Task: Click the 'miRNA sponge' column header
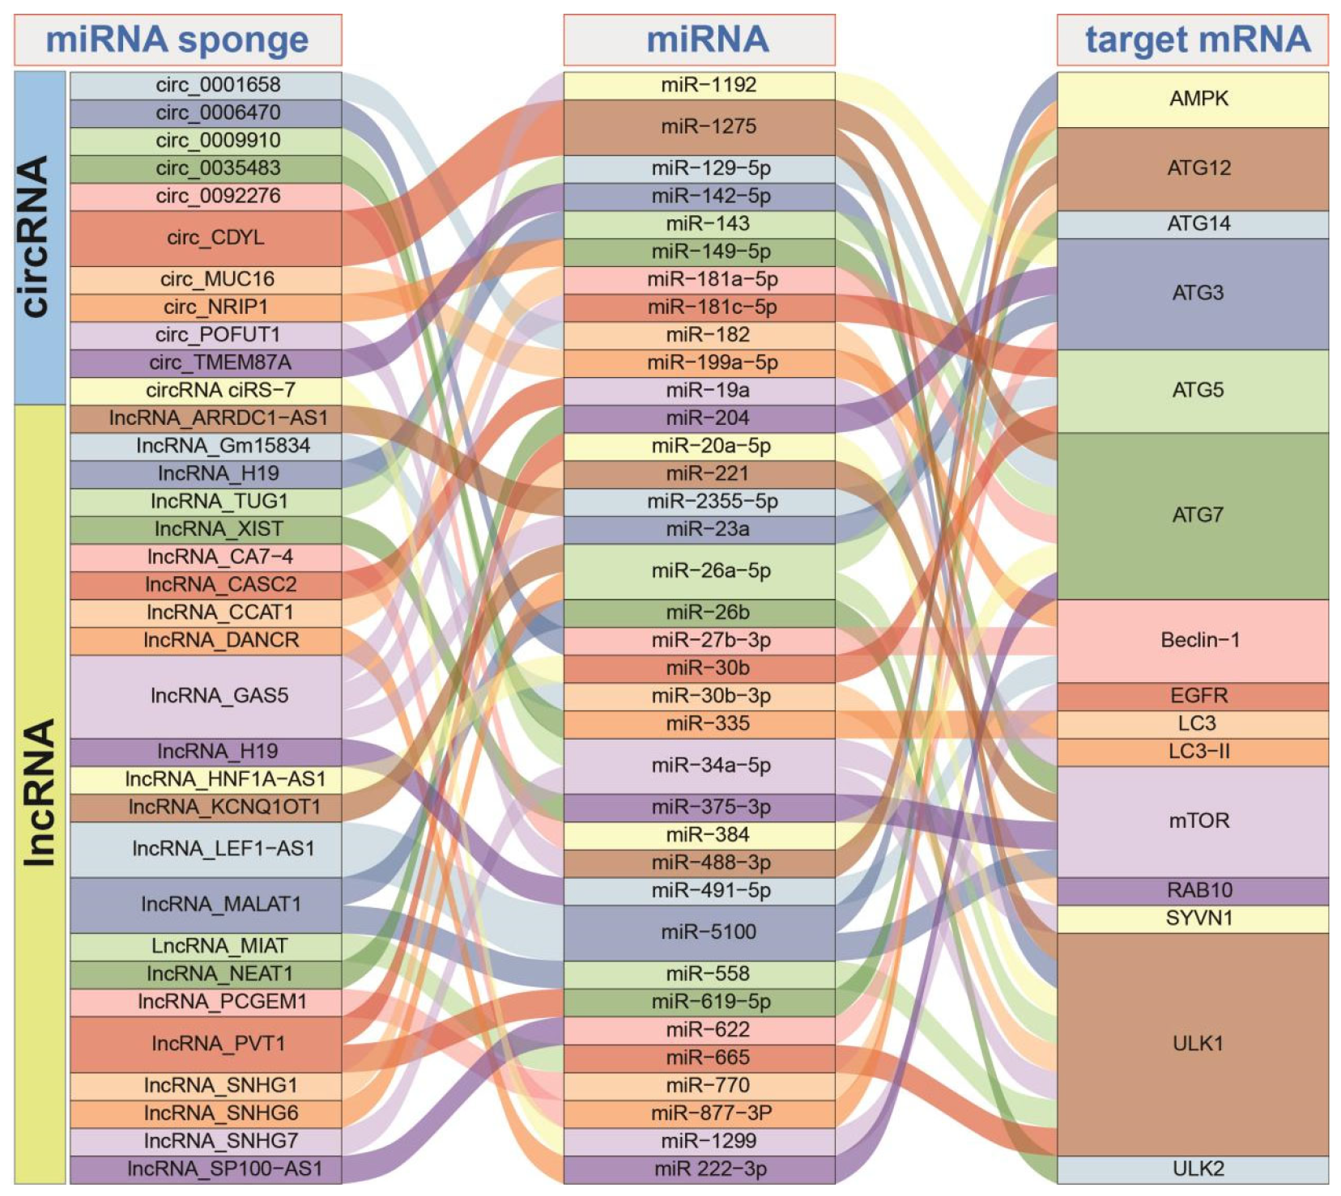tap(177, 40)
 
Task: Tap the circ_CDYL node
tap(206, 238)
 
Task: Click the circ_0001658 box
tap(206, 85)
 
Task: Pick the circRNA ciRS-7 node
tap(206, 391)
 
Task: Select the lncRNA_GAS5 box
tap(206, 696)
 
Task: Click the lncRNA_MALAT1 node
tap(206, 904)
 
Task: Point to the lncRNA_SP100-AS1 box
tap(206, 1168)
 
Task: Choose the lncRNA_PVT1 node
tap(206, 1044)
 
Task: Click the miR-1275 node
tap(700, 126)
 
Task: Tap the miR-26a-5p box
tap(700, 571)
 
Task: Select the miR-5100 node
tap(700, 932)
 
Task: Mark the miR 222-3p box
tap(700, 1168)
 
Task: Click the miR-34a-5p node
tap(700, 766)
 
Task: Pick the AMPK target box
tap(1193, 99)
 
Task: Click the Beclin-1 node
tap(1193, 640)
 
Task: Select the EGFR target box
tap(1193, 696)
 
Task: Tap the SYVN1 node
tap(1193, 918)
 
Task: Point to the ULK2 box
tap(1193, 1168)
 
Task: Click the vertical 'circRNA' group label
tap(40, 237)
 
